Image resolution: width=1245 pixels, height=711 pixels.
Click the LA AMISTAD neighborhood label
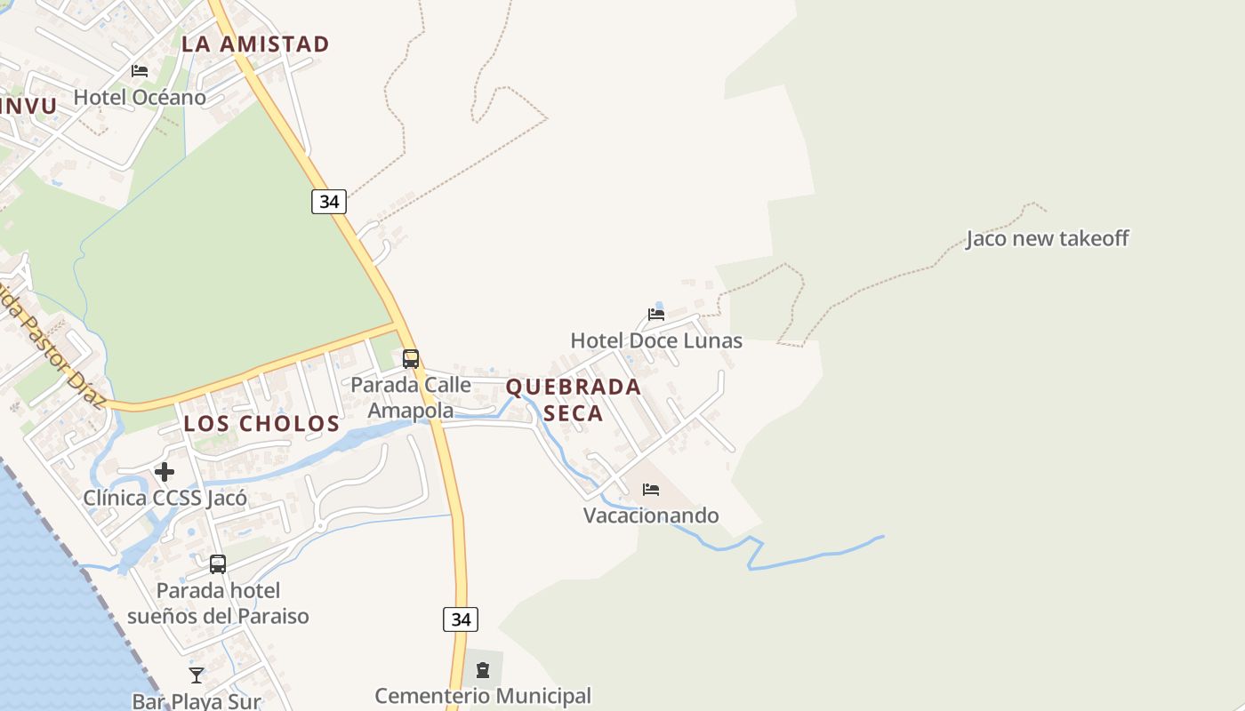[x=255, y=44]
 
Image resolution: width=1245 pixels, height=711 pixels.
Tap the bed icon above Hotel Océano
[x=140, y=71]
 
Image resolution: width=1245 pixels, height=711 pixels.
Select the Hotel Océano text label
[x=140, y=97]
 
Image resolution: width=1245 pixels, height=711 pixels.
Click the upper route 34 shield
[x=329, y=202]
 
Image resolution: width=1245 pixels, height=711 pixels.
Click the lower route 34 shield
[x=461, y=619]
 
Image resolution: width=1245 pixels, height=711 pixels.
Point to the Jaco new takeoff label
[x=1047, y=238]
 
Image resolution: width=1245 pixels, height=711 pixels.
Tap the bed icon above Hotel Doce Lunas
[x=656, y=315]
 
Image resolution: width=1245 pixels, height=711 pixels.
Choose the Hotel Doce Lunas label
[x=656, y=340]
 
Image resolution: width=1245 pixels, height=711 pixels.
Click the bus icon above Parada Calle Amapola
[x=411, y=359]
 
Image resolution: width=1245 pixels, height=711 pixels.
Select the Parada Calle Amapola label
[x=411, y=397]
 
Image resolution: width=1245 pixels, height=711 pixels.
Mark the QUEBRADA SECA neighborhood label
[x=574, y=400]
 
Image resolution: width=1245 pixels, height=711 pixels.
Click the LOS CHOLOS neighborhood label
[x=261, y=424]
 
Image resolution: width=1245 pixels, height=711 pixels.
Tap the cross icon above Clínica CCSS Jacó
[x=165, y=472]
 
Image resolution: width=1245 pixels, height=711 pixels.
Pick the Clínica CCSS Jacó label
[x=165, y=498]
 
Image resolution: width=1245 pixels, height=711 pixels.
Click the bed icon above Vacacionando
[x=651, y=490]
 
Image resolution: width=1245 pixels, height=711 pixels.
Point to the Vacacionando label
[x=651, y=515]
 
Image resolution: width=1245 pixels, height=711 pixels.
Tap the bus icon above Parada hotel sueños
[x=218, y=564]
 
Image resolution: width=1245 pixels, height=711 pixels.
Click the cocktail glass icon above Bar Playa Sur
[x=197, y=675]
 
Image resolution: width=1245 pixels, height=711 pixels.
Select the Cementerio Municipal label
[x=483, y=696]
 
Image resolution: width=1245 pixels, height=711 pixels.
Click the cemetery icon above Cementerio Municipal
[x=483, y=670]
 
